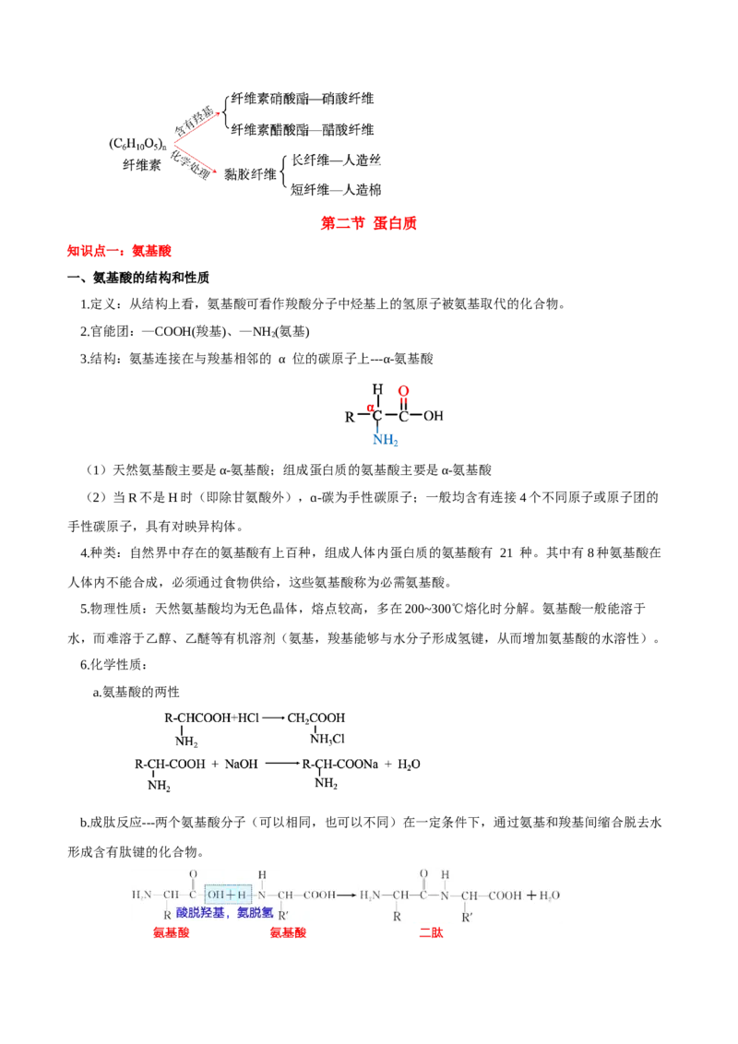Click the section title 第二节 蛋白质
(x=368, y=223)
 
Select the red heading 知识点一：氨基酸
(x=119, y=251)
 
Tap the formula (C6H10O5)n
(x=137, y=144)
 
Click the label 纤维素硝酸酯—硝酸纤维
(x=303, y=99)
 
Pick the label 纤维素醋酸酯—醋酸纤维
(x=303, y=130)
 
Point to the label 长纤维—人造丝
(x=337, y=160)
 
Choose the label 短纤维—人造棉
(x=337, y=190)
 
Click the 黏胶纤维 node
(x=250, y=174)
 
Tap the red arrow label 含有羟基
(x=194, y=121)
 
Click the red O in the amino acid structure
(x=404, y=391)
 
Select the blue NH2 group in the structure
(x=385, y=440)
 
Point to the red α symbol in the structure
(x=370, y=407)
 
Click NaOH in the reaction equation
(x=241, y=765)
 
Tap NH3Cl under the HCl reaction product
(x=327, y=739)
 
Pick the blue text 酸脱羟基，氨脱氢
(x=225, y=913)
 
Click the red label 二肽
(x=431, y=932)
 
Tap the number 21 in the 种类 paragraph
(x=506, y=552)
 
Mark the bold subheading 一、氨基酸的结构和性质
(x=138, y=278)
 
